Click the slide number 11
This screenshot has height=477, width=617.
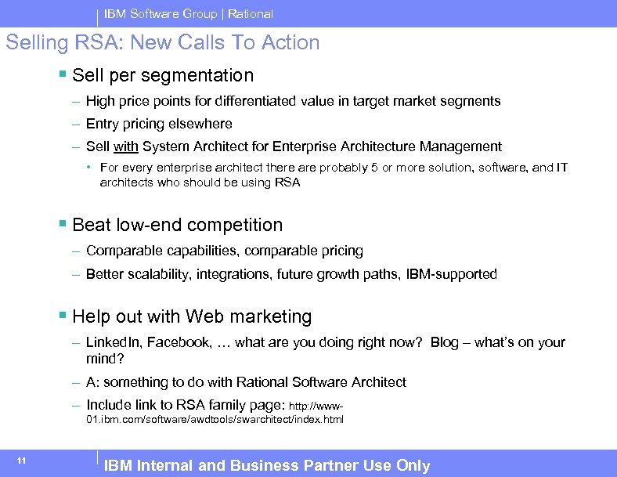point(21,460)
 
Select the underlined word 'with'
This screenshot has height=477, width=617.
point(125,146)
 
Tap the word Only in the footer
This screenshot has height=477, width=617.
point(413,466)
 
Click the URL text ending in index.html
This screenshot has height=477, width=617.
point(215,420)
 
